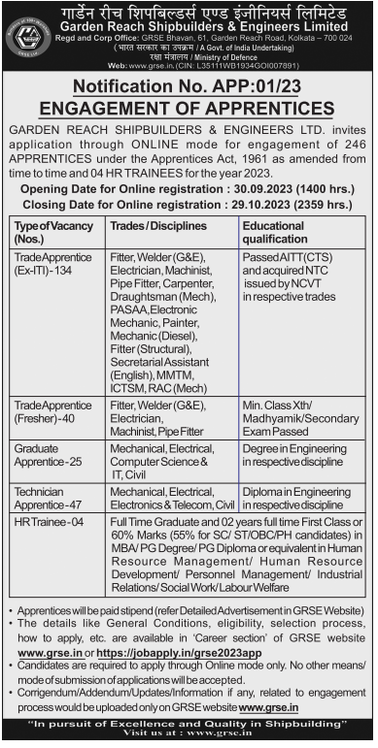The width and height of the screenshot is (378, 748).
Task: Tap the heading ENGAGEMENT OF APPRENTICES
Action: click(x=189, y=105)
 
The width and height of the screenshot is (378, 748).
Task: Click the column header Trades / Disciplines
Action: click(x=158, y=226)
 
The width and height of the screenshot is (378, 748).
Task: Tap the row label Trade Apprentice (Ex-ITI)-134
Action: click(x=51, y=264)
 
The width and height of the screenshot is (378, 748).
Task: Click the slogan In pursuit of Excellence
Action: click(x=189, y=725)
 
